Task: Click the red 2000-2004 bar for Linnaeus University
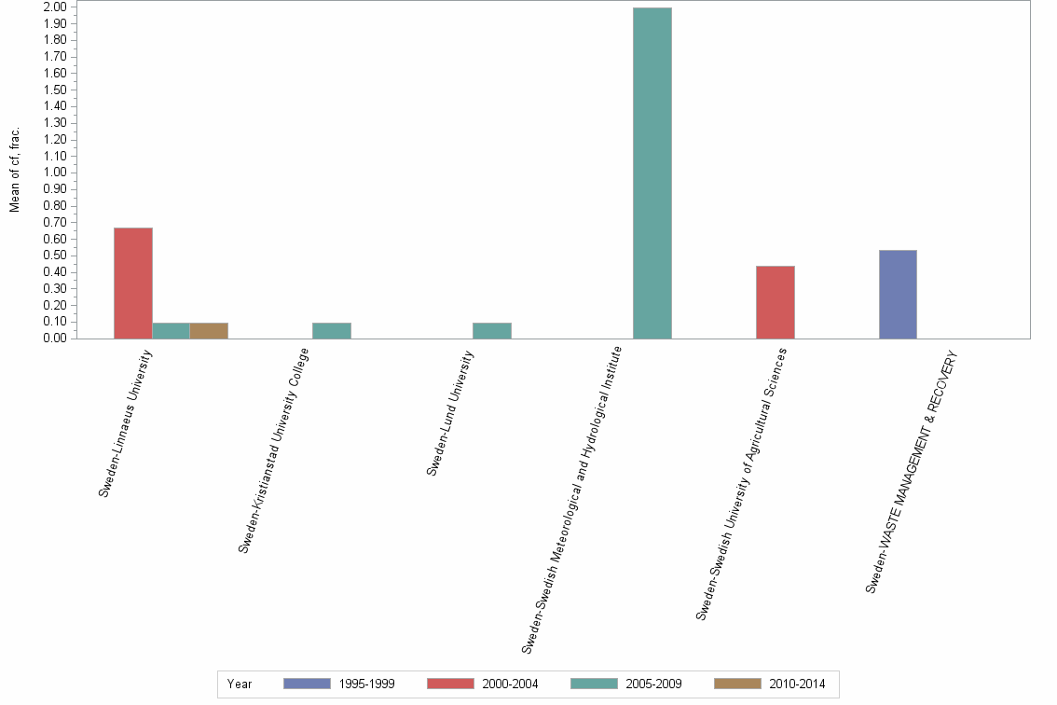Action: point(133,283)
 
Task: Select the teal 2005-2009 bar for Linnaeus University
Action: point(171,331)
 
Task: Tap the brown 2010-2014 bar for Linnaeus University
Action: point(209,331)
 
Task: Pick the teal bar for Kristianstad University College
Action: point(331,331)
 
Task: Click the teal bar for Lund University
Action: point(491,331)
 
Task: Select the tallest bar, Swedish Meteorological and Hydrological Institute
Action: point(652,173)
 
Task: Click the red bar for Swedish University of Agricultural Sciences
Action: point(775,302)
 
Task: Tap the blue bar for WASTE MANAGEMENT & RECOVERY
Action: point(898,295)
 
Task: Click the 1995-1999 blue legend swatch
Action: point(307,684)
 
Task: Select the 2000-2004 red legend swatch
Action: point(450,684)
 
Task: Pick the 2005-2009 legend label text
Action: point(654,684)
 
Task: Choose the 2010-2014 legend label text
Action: point(797,684)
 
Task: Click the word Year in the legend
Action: point(240,684)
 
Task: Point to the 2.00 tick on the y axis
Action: point(54,7)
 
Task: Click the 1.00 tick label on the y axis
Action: point(54,173)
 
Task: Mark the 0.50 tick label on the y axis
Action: point(54,256)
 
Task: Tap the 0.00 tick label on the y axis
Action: point(54,339)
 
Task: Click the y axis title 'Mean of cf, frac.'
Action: point(15,170)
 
